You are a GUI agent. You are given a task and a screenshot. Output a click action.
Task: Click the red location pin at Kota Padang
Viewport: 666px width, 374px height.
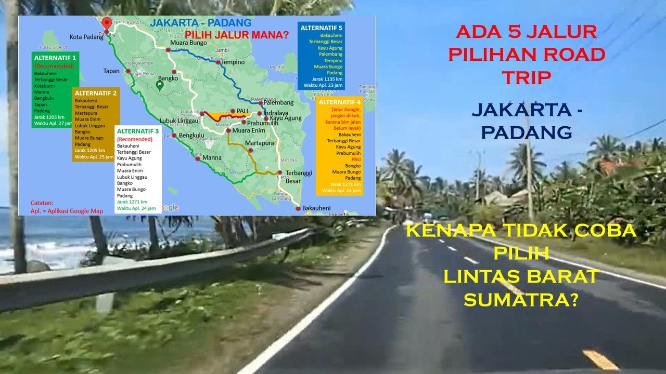(x=107, y=24)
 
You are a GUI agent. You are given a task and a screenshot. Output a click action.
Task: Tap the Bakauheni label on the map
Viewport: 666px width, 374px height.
(x=316, y=208)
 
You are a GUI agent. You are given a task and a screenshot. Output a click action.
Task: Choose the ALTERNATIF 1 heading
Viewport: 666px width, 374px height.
(x=55, y=58)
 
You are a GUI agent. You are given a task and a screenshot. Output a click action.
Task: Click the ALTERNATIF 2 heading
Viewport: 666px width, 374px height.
(x=96, y=93)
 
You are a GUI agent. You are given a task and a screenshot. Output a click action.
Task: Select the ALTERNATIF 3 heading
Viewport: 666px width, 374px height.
(x=138, y=132)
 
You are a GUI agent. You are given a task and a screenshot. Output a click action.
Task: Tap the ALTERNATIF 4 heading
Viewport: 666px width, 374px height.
(x=340, y=102)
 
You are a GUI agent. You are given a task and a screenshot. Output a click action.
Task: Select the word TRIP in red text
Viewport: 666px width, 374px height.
(x=526, y=77)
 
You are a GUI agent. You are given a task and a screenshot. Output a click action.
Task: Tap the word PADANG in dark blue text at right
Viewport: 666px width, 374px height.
(x=526, y=132)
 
